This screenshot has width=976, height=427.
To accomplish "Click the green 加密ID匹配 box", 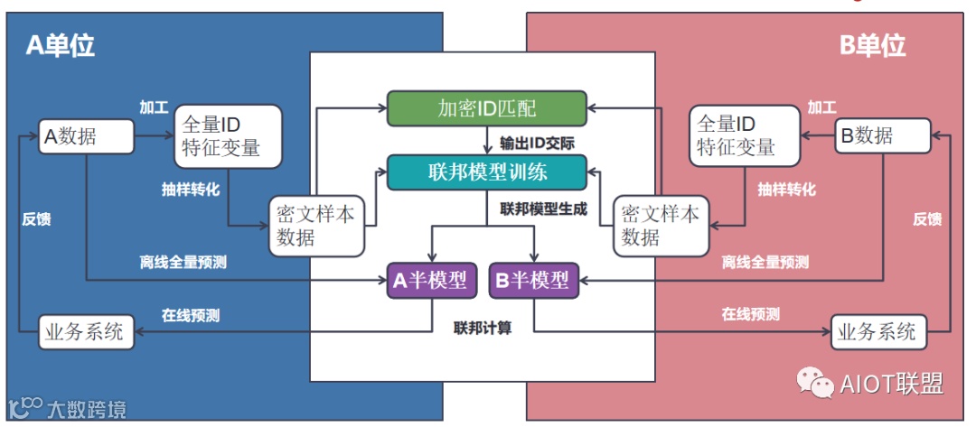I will coord(487,108).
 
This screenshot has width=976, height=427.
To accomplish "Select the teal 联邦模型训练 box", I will coord(487,172).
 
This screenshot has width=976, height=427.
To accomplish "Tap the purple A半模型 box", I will coord(430,281).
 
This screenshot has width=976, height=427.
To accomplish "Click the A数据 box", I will coord(86,137).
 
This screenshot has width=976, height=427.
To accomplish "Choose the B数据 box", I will coord(883,137).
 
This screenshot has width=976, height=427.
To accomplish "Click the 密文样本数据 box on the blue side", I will coord(317,226).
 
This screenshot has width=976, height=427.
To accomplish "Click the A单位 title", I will coord(60,45).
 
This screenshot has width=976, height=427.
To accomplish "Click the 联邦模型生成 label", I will coord(542,209).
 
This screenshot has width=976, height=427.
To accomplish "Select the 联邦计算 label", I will coord(483,328).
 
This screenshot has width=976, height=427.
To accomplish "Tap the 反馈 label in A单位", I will coord(36,219).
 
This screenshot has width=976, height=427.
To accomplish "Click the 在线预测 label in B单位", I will coord(750,315).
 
